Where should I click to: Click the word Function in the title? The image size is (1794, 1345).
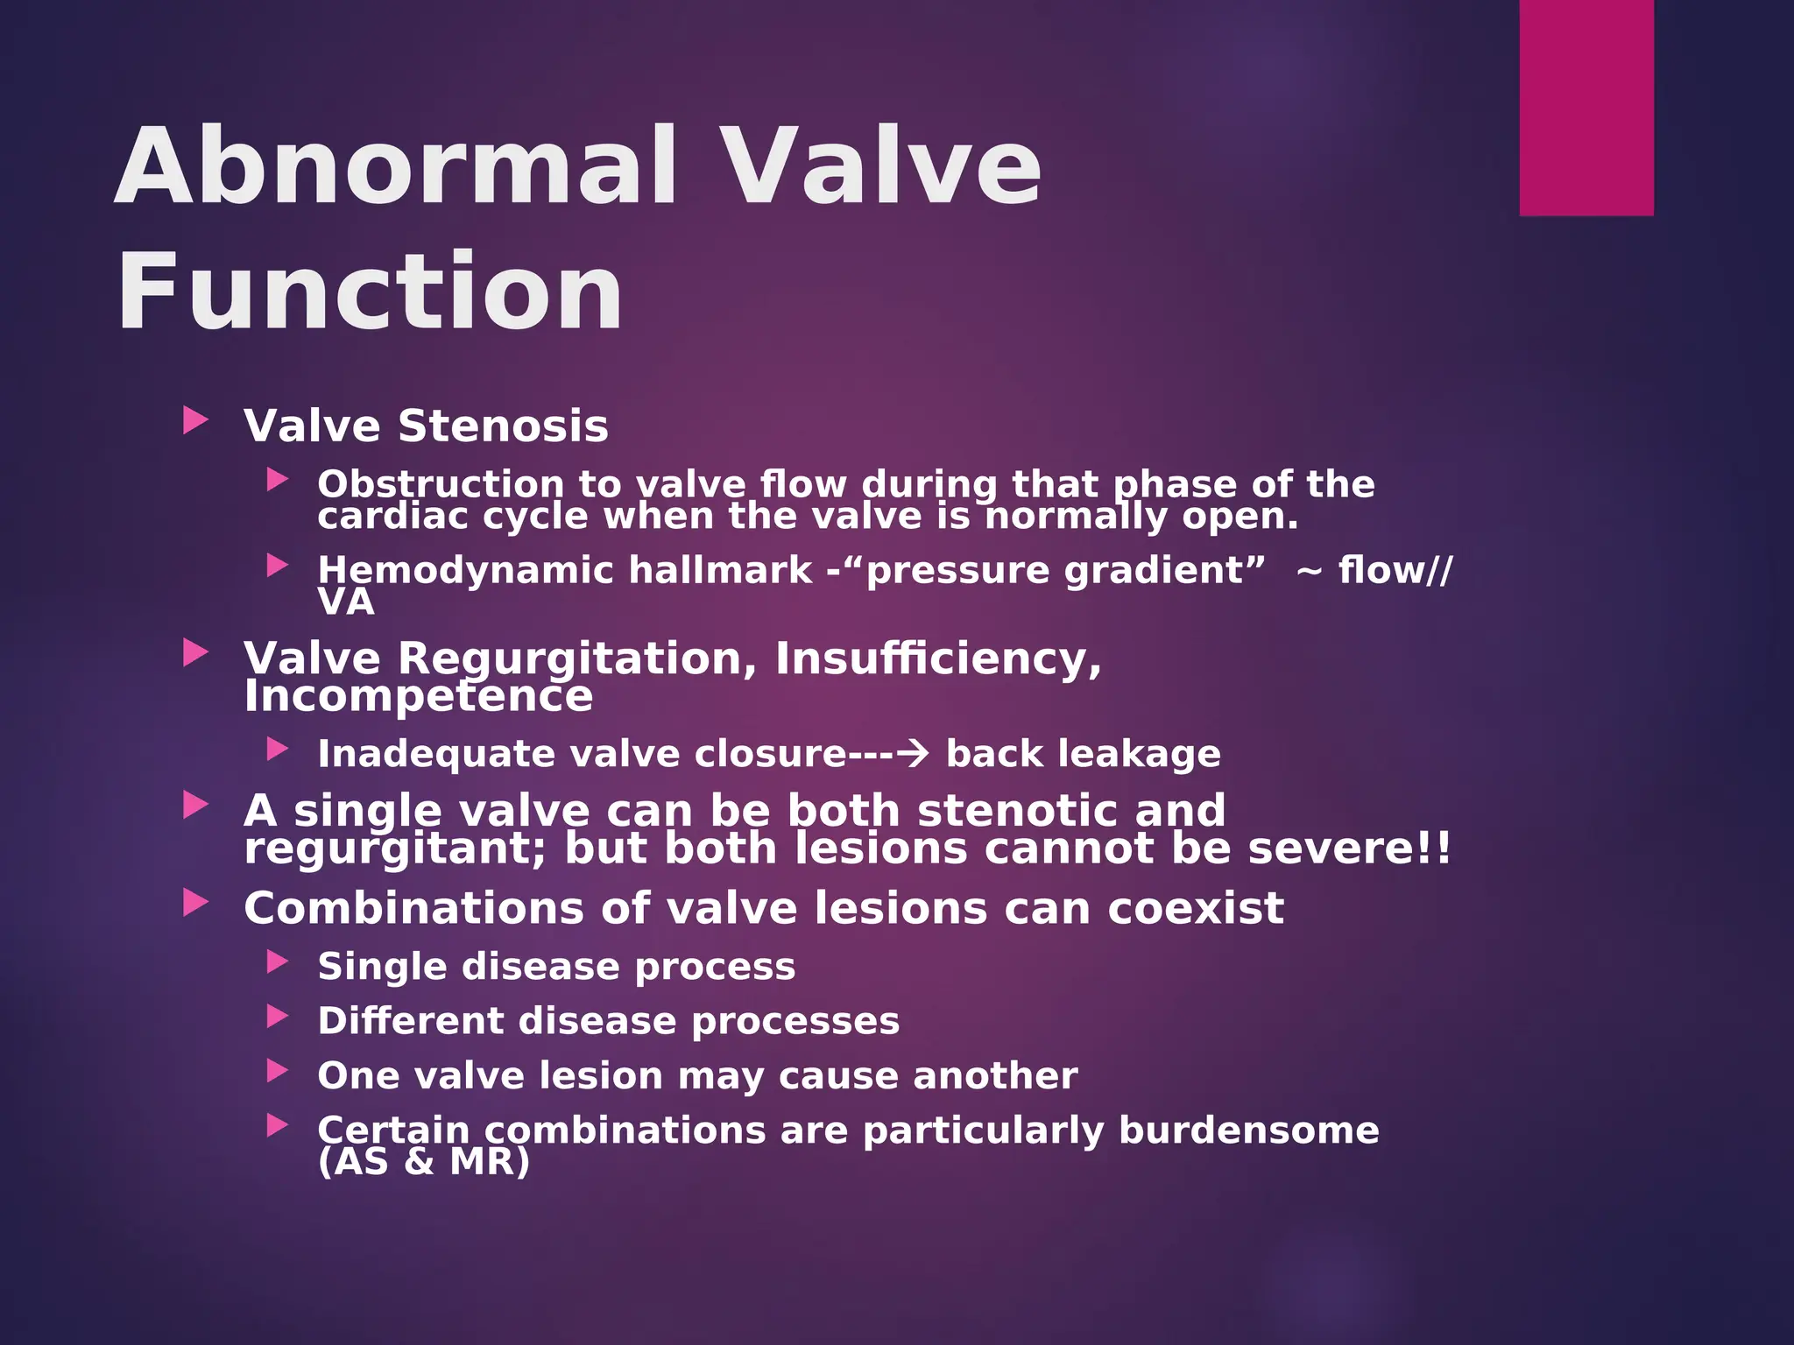click(370, 291)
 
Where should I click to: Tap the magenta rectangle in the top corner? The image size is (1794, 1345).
click(1586, 107)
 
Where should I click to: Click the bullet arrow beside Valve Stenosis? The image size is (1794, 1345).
click(195, 421)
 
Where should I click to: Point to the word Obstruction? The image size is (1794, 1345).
click(440, 484)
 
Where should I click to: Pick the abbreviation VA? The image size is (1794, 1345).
click(346, 602)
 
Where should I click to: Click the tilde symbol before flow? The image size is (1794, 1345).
click(1308, 571)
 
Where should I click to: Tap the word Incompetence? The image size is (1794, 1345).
click(418, 697)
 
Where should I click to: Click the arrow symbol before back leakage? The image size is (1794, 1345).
click(913, 754)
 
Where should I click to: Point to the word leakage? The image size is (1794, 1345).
click(1143, 754)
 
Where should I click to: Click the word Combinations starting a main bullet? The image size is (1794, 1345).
click(413, 908)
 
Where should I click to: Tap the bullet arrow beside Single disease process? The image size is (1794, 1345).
click(278, 962)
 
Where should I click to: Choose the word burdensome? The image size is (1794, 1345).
click(1248, 1130)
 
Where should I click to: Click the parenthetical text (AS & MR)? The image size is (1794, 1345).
click(424, 1162)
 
